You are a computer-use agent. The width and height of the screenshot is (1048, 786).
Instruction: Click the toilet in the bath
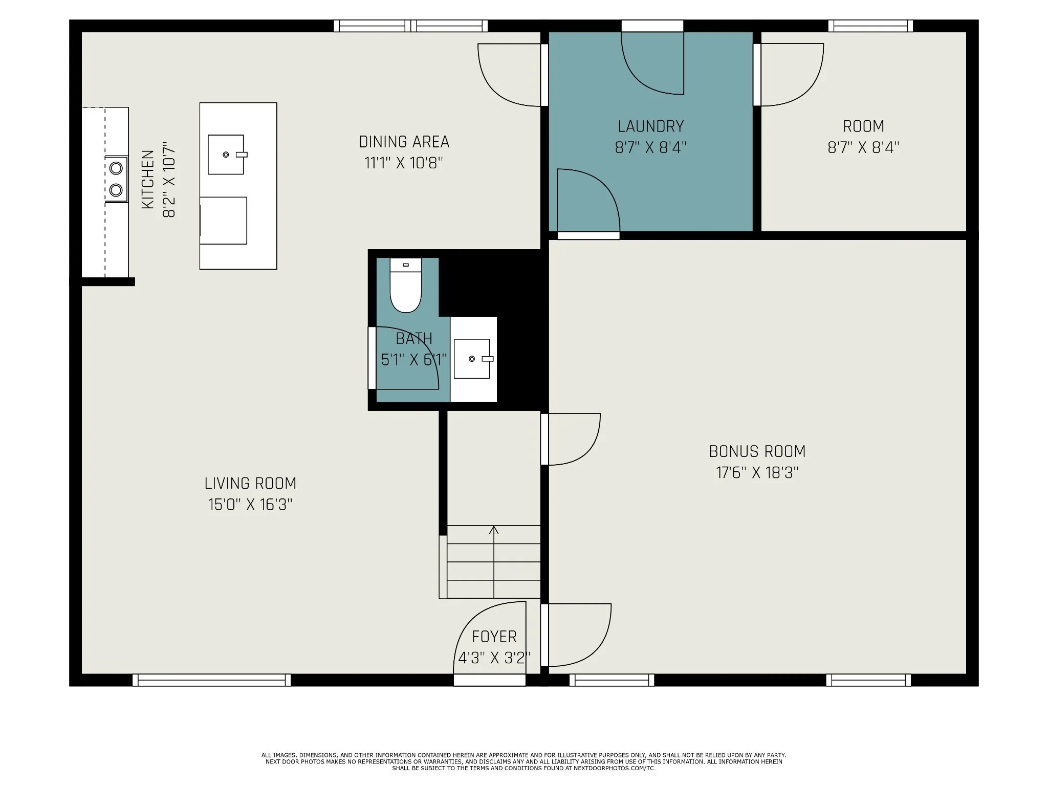[405, 285]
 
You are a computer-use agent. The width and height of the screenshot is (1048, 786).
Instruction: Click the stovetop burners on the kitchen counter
[117, 179]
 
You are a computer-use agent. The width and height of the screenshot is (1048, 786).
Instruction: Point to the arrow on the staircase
[494, 561]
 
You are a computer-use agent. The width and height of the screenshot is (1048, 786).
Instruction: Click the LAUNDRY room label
[650, 126]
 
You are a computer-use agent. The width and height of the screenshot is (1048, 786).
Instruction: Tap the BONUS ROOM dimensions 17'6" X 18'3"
[757, 472]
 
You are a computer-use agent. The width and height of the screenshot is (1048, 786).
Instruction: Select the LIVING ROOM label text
[250, 483]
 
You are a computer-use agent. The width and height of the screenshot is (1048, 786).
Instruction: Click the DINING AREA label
[404, 142]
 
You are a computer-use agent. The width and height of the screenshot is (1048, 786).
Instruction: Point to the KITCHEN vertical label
[147, 179]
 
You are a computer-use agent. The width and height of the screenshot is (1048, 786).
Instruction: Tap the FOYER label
[494, 636]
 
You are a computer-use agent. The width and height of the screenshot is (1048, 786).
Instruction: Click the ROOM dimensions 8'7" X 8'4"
[863, 147]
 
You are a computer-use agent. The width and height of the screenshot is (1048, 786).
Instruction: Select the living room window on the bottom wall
[211, 680]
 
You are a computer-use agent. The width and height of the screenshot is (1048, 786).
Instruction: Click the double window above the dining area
[410, 26]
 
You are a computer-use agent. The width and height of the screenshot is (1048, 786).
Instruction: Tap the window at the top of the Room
[870, 26]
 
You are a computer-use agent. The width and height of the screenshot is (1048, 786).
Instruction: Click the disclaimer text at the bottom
[523, 761]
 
